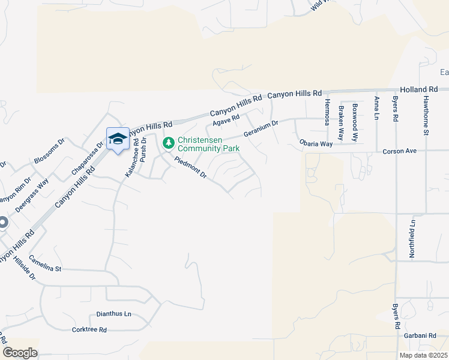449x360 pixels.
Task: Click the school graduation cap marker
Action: pyautogui.click(x=118, y=139)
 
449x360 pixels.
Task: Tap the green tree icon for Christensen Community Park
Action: pyautogui.click(x=169, y=143)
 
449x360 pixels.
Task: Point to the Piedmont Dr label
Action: pyautogui.click(x=190, y=169)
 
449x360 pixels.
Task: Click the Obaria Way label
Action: pyautogui.click(x=316, y=144)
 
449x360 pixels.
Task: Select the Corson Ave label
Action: pyautogui.click(x=399, y=152)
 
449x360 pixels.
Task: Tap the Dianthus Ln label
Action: pyautogui.click(x=113, y=314)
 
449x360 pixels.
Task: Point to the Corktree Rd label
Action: pyautogui.click(x=89, y=329)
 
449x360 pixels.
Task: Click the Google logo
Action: pyautogui.click(x=20, y=353)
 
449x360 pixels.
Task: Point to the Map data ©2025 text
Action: pyautogui.click(x=423, y=355)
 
